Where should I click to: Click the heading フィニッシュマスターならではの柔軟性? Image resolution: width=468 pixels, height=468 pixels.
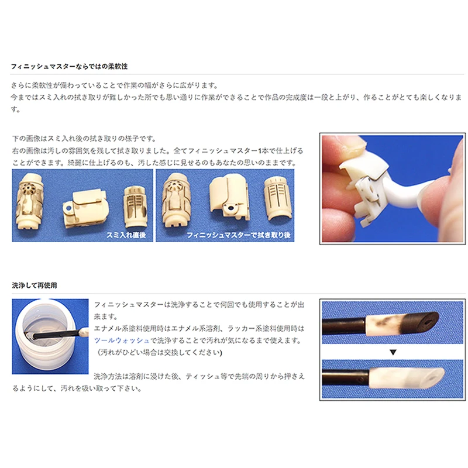69,66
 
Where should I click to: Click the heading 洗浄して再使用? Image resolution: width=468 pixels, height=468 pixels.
35,285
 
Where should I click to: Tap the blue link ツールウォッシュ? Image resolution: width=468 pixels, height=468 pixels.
122,340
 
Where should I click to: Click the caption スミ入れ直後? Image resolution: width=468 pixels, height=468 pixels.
126,235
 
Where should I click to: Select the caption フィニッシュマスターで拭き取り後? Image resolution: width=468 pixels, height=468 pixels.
239,235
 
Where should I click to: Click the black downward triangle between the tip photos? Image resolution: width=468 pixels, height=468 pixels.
393,353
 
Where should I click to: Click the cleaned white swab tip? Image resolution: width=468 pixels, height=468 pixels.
407,378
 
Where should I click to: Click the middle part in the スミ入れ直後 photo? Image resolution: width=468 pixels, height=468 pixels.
85,208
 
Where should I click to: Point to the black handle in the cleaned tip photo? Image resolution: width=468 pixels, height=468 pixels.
346,378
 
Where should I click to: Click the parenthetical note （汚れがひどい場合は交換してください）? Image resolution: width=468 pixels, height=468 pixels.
159,353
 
